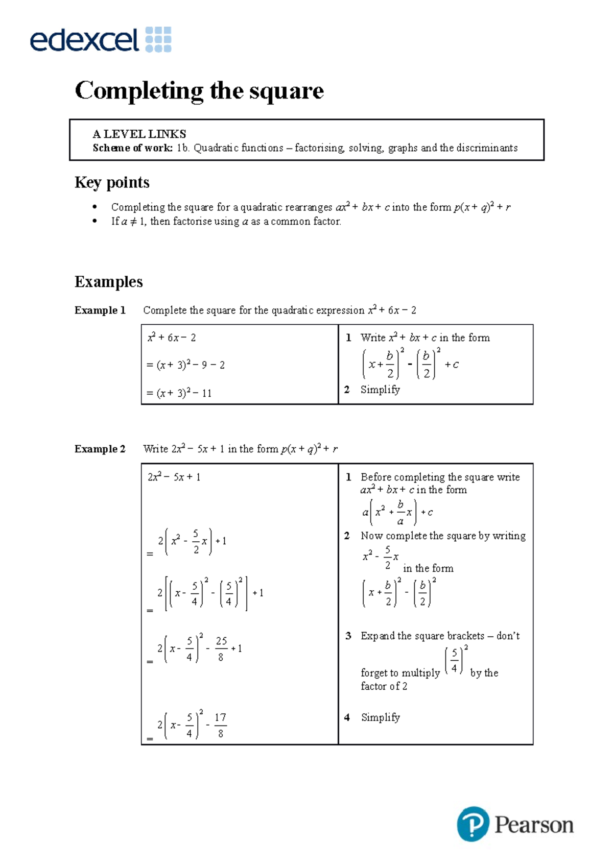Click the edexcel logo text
click(x=84, y=40)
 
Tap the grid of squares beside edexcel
click(x=158, y=40)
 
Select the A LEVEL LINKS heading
click(x=139, y=134)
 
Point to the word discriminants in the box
click(x=486, y=148)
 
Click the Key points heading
click(x=112, y=182)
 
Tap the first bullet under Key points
click(x=95, y=207)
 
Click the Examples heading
click(x=108, y=282)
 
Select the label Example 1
click(x=100, y=310)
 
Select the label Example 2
click(x=100, y=449)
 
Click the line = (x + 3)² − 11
click(x=179, y=393)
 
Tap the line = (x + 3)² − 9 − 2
click(x=185, y=365)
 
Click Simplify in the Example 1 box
click(x=380, y=390)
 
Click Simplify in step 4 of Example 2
click(x=380, y=717)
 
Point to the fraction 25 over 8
click(x=221, y=649)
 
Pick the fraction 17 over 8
click(x=220, y=725)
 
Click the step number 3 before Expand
click(x=348, y=636)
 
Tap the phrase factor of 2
click(x=384, y=687)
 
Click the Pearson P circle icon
click(x=473, y=824)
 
